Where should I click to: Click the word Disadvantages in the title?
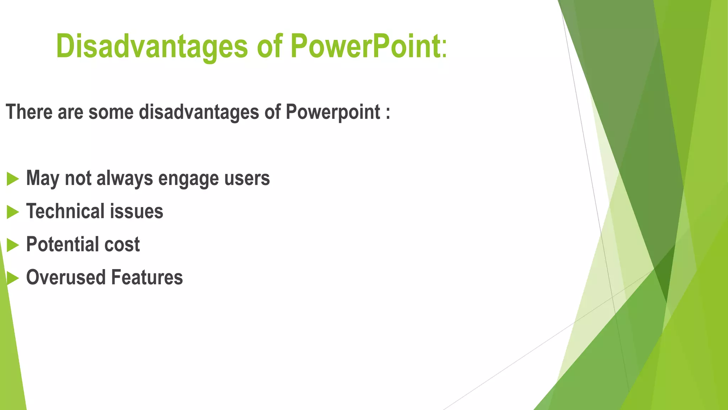pyautogui.click(x=152, y=46)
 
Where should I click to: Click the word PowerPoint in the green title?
pyautogui.click(x=365, y=46)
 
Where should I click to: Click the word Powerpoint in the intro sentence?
pyautogui.click(x=333, y=112)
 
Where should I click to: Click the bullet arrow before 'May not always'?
pyautogui.click(x=12, y=179)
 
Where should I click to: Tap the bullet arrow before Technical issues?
pyautogui.click(x=12, y=212)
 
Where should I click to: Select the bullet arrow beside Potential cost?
pyautogui.click(x=12, y=245)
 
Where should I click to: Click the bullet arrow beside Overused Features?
pyautogui.click(x=12, y=278)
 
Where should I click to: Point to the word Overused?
pyautogui.click(x=66, y=278)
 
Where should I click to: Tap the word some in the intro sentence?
pyautogui.click(x=111, y=112)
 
